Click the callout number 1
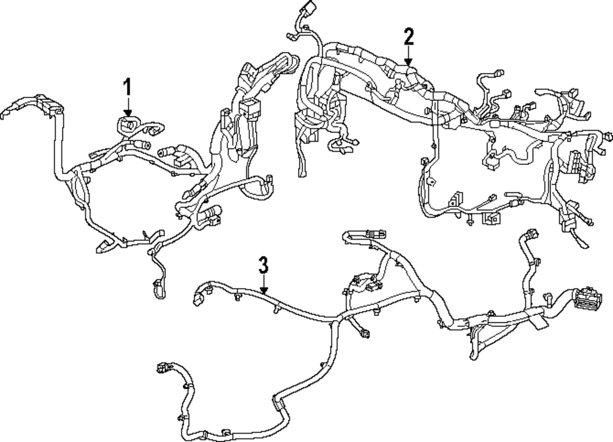click(x=128, y=86)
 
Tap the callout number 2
click(x=409, y=37)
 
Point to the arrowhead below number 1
click(x=128, y=112)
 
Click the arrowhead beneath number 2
click(x=409, y=63)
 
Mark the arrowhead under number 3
click(x=263, y=291)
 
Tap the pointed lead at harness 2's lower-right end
click(x=584, y=245)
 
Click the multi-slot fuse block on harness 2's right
click(x=577, y=162)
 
